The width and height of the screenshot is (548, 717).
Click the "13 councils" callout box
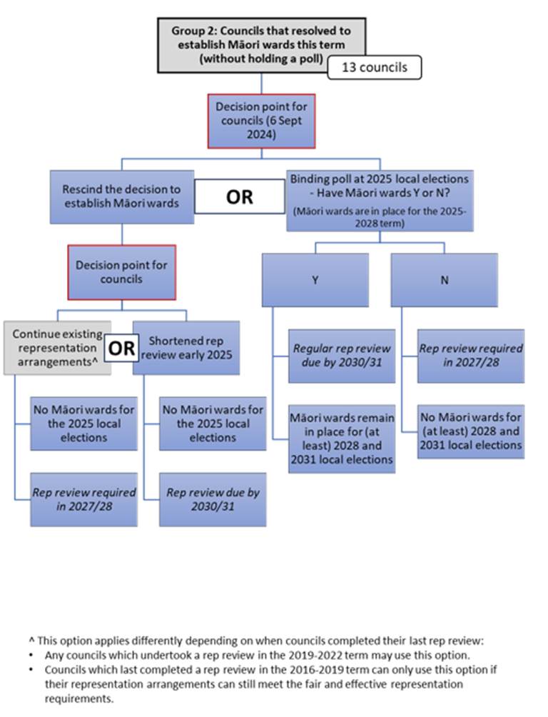(x=374, y=67)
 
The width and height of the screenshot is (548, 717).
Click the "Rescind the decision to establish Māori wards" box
(x=122, y=196)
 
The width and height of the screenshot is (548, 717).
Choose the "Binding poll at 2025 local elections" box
(x=380, y=200)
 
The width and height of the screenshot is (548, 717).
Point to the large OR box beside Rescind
(x=239, y=196)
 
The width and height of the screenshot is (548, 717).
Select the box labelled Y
(x=315, y=280)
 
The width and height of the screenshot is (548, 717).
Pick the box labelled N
(x=444, y=280)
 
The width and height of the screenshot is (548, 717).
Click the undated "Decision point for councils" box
(x=121, y=271)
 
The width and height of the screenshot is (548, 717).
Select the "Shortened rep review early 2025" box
(x=187, y=348)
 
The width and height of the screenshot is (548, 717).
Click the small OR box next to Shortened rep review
(x=121, y=349)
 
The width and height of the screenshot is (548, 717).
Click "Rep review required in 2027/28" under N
(x=471, y=356)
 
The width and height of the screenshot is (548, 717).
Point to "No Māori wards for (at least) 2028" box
(x=471, y=431)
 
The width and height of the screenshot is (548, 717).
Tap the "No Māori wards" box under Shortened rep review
(x=213, y=423)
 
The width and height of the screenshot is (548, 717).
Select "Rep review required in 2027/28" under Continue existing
(x=83, y=499)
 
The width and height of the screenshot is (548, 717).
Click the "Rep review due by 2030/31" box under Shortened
(x=213, y=499)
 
